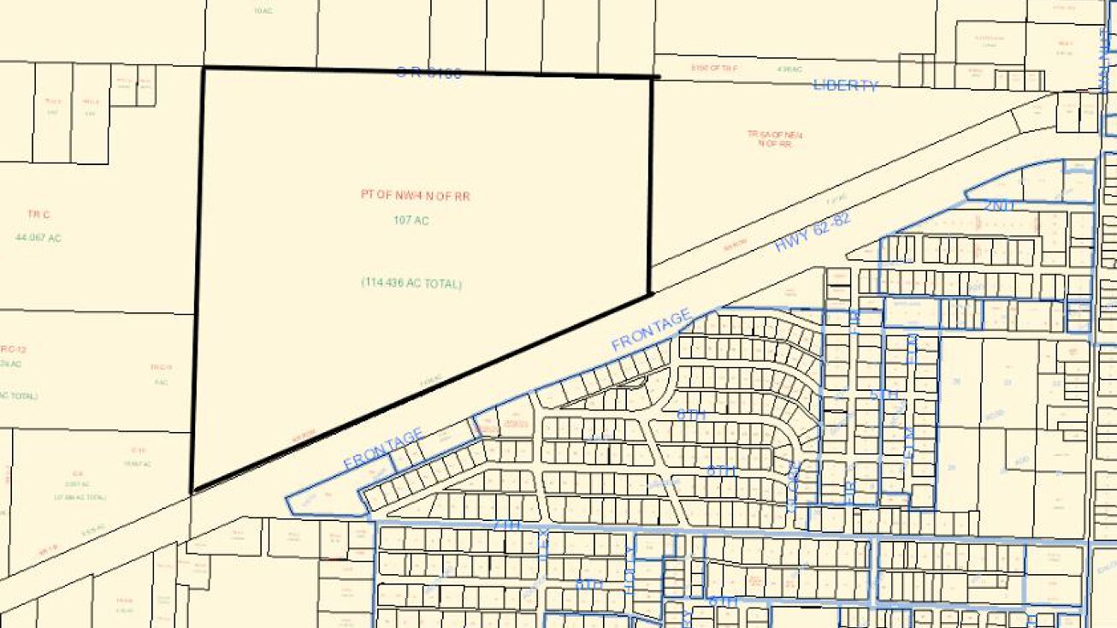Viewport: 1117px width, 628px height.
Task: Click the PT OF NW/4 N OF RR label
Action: pyautogui.click(x=415, y=196)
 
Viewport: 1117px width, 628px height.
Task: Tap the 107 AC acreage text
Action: pyautogui.click(x=411, y=221)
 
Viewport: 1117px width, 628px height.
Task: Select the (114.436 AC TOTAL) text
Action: pyautogui.click(x=411, y=283)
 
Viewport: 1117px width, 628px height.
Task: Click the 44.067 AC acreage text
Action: pyautogui.click(x=38, y=238)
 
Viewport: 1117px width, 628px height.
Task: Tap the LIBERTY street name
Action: pyautogui.click(x=845, y=85)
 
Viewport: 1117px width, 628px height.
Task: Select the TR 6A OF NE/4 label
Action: pyautogui.click(x=775, y=135)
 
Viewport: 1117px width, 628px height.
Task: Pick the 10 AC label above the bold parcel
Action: pyautogui.click(x=263, y=11)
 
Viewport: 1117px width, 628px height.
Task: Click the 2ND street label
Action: pyautogui.click(x=998, y=205)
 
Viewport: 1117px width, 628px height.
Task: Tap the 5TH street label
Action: pyautogui.click(x=884, y=395)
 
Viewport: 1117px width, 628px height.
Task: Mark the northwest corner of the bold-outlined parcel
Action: pyautogui.click(x=204, y=68)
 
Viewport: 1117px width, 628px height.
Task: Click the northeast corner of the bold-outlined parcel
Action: pyautogui.click(x=653, y=77)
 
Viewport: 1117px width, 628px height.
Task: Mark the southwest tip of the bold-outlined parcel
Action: pyautogui.click(x=192, y=491)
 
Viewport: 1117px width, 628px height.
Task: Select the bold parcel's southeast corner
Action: pyautogui.click(x=651, y=293)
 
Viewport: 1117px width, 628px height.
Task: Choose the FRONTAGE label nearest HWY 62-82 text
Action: pyautogui.click(x=651, y=330)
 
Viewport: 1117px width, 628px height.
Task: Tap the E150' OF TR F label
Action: pyautogui.click(x=714, y=68)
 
